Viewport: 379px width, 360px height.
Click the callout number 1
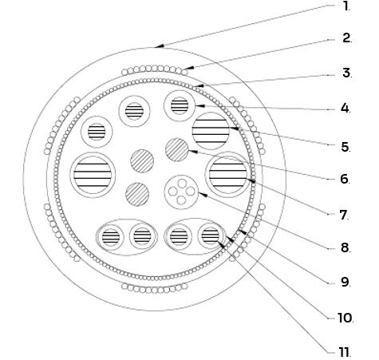click(346, 6)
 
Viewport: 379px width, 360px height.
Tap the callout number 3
click(347, 73)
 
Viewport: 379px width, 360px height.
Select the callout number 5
click(345, 147)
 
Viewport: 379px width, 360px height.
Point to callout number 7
click(345, 215)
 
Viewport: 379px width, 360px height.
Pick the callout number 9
click(345, 282)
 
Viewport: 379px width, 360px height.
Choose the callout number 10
click(345, 318)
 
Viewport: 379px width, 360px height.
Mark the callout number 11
click(345, 352)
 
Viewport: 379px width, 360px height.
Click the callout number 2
click(347, 38)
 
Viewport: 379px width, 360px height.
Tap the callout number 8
click(345, 247)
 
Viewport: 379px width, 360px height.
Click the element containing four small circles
click(182, 192)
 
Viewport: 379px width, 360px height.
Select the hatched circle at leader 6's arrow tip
click(177, 149)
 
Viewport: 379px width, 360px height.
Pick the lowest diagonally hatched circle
click(137, 195)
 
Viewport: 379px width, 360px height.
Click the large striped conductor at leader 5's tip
click(211, 131)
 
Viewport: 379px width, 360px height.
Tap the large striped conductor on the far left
click(93, 175)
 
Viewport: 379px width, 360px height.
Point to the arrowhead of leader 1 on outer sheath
click(159, 46)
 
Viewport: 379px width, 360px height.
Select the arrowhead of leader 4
click(200, 106)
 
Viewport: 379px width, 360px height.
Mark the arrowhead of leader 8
click(203, 195)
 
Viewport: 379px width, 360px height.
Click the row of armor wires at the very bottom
click(155, 288)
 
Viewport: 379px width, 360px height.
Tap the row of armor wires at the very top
click(155, 70)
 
